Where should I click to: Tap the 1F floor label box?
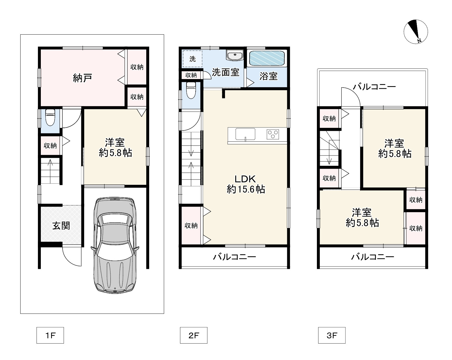pos(50,335)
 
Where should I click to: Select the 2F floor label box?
pos(194,335)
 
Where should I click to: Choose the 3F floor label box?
pos(332,335)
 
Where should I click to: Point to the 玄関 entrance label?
pos(61,226)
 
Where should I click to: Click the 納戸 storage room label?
pos(83,78)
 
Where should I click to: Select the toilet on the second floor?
pos(191,91)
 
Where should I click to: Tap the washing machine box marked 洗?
pos(192,59)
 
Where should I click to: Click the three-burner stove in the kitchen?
pos(273,134)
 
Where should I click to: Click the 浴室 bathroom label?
pos(268,76)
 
